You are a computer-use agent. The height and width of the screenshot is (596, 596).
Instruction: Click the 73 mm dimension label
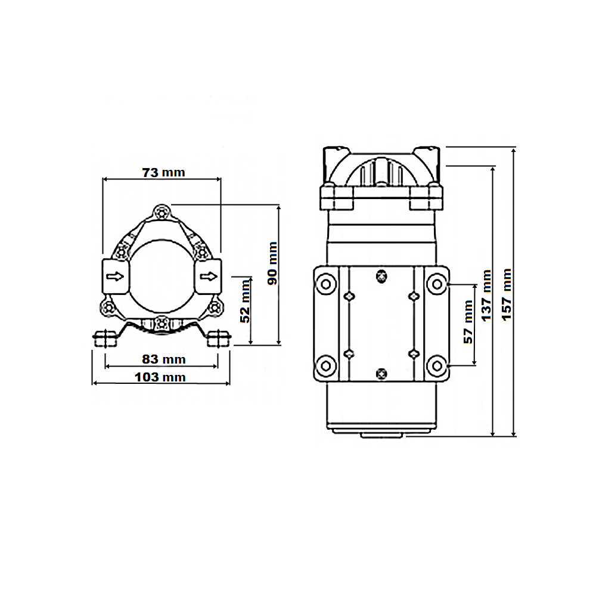(163, 173)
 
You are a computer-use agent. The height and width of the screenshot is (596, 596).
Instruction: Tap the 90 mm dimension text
(272, 263)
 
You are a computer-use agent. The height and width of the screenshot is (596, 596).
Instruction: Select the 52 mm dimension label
(245, 301)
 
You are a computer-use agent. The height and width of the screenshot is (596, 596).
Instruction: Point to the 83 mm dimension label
(164, 359)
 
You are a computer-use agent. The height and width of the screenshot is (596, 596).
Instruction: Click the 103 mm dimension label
(160, 377)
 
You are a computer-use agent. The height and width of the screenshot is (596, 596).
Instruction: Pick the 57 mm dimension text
(468, 322)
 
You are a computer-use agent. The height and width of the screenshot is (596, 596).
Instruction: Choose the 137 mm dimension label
(486, 296)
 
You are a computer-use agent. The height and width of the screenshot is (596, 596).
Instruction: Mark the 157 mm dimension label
(506, 294)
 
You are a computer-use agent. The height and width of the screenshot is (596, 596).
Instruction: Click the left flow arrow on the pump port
(115, 277)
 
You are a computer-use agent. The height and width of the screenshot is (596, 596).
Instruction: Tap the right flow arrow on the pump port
(208, 277)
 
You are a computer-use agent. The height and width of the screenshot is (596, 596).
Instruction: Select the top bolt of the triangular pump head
(162, 212)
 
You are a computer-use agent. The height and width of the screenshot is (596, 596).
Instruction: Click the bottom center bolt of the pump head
(162, 324)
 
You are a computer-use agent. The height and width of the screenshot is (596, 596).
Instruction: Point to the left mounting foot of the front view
(105, 339)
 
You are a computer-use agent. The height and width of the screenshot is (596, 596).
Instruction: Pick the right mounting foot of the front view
(219, 339)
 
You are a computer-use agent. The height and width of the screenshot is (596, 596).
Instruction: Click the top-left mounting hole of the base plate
(326, 284)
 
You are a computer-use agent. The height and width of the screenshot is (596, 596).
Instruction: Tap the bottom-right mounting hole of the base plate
(437, 366)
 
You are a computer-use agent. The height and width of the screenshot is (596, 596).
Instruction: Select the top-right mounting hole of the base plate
(437, 284)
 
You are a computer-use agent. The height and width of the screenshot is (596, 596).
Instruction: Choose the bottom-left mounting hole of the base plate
(326, 366)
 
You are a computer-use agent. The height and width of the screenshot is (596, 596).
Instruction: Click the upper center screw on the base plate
(381, 276)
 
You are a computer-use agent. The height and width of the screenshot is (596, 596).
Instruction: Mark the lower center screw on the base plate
(381, 374)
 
